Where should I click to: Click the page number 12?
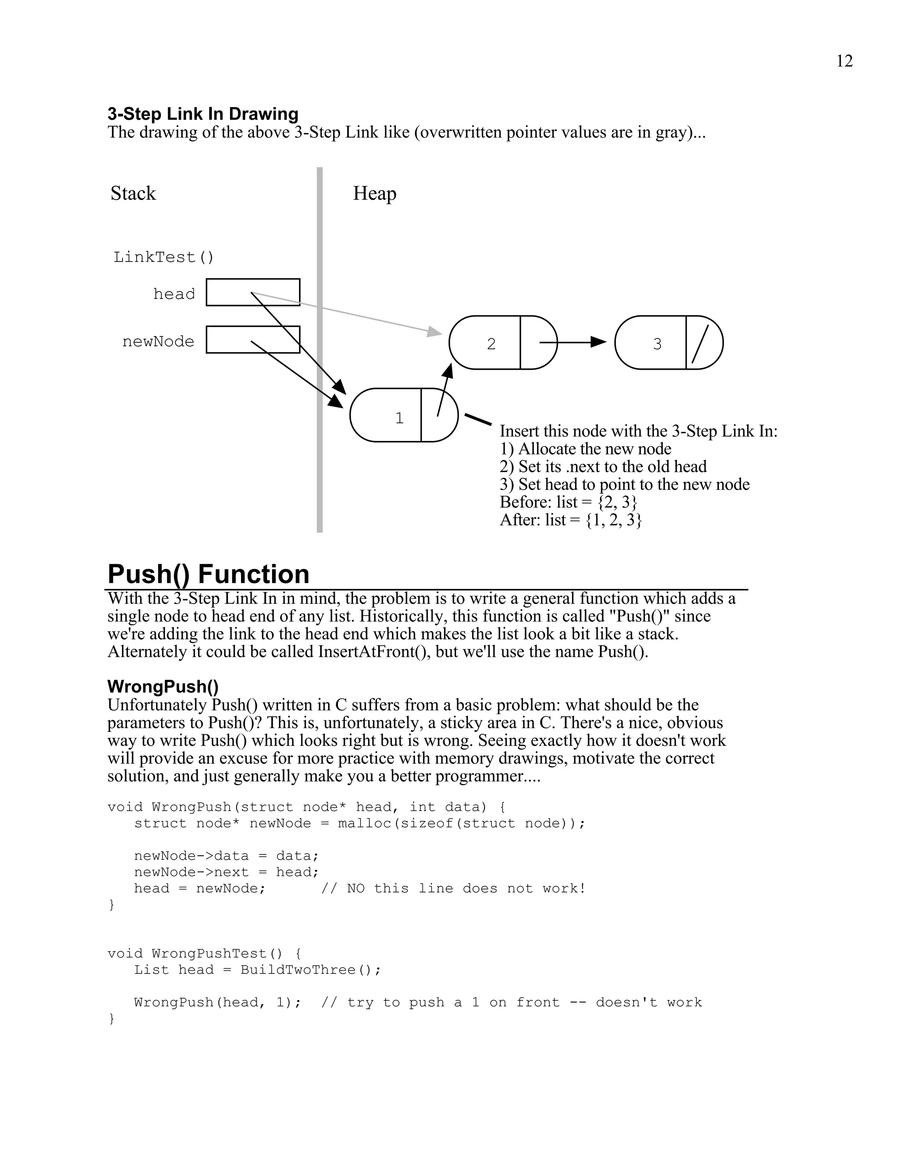(x=844, y=61)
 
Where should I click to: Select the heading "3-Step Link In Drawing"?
(x=203, y=114)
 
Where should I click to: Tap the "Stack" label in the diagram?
(x=133, y=193)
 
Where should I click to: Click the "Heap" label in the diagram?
(x=375, y=193)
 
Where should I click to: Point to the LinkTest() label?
(x=164, y=257)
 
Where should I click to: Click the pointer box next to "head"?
(x=253, y=292)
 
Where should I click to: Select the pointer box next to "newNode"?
(x=253, y=339)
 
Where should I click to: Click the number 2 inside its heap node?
(x=491, y=344)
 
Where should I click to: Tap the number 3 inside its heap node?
(x=657, y=344)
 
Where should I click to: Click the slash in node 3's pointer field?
(x=700, y=344)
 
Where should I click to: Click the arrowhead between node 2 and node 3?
(x=598, y=342)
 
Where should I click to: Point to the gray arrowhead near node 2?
(x=434, y=332)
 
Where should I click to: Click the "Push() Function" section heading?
(x=208, y=574)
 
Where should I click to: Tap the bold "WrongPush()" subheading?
(x=163, y=686)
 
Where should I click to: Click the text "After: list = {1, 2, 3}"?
(x=571, y=520)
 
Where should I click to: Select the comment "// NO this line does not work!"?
(x=453, y=889)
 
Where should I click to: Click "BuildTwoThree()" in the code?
(x=310, y=970)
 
